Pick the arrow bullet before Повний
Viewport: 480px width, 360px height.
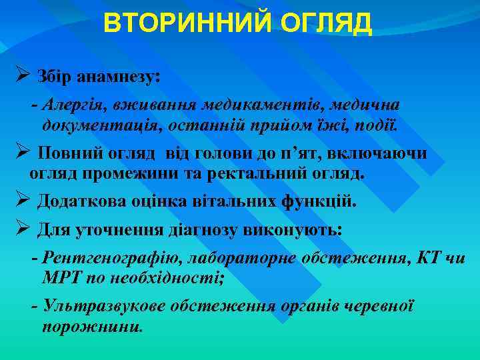[x=21, y=152]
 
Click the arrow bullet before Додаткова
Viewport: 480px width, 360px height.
[x=21, y=200]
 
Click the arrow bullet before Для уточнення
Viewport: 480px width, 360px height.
[x=21, y=229]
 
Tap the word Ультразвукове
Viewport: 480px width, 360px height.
[x=103, y=306]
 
